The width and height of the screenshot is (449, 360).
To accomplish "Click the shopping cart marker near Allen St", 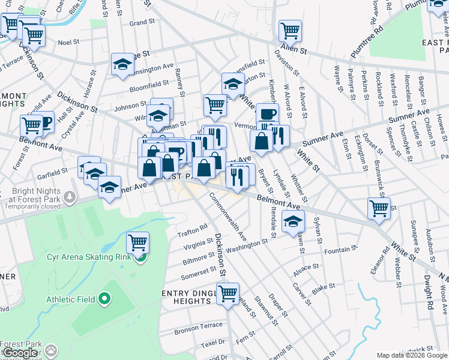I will click(290, 30).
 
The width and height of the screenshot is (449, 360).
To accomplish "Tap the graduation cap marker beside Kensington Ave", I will click(123, 65).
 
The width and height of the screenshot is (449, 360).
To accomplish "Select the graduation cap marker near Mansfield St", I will click(233, 84).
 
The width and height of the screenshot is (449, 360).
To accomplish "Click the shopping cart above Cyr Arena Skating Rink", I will click(138, 243).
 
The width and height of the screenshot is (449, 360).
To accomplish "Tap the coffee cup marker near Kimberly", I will click(267, 113).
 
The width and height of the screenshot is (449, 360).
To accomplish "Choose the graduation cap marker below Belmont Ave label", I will click(293, 221).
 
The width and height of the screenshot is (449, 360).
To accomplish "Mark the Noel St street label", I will click(68, 43).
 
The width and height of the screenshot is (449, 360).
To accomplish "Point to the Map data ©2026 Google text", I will click(412, 355).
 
